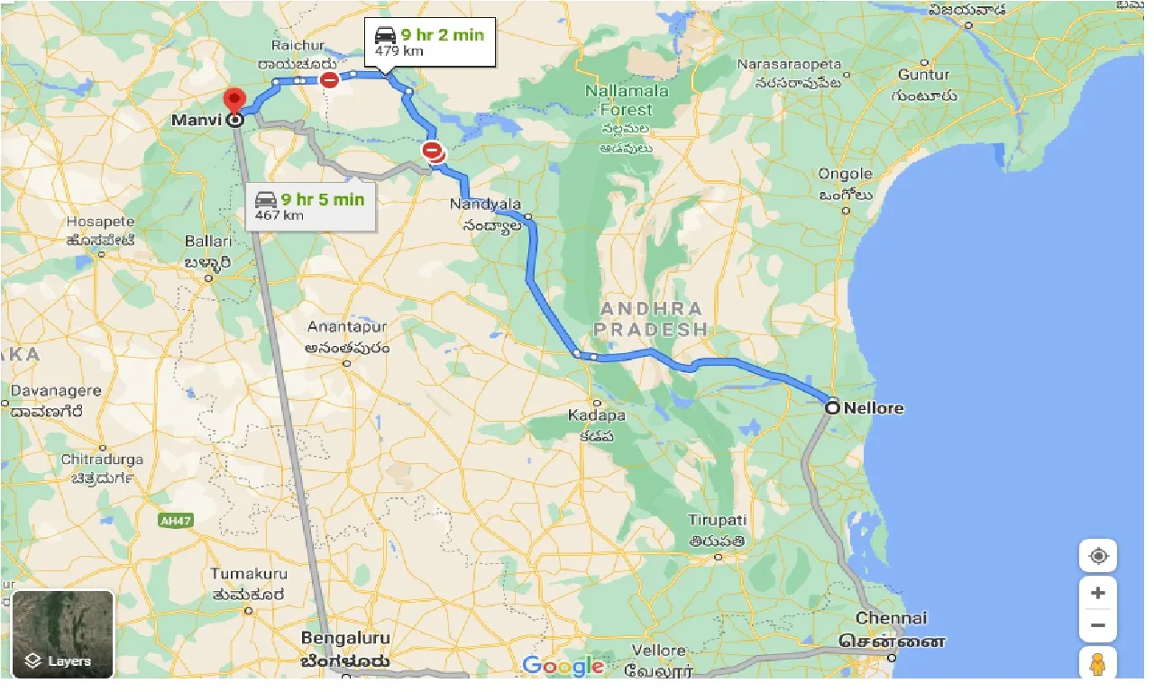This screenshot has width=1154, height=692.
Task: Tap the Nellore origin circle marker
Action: click(x=832, y=408)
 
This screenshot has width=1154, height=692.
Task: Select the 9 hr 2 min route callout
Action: click(x=429, y=41)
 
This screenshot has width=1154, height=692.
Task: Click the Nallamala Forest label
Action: click(x=627, y=100)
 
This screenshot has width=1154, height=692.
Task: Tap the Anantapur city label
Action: click(x=346, y=327)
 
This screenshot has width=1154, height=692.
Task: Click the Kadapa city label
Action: click(x=596, y=415)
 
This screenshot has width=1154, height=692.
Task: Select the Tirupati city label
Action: click(x=718, y=521)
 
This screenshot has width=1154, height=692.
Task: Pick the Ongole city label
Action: click(x=845, y=174)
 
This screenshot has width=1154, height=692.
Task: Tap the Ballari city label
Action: click(x=208, y=241)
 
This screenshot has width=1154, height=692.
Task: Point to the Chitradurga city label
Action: click(x=101, y=460)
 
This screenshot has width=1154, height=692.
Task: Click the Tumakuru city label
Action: click(x=249, y=574)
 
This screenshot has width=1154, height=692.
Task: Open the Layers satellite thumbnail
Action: click(x=63, y=633)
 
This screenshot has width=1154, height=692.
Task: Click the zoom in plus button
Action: click(x=1097, y=593)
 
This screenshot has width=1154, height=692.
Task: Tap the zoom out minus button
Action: click(x=1097, y=625)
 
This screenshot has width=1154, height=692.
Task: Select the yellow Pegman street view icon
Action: click(x=1097, y=665)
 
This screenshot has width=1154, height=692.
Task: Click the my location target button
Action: click(x=1097, y=556)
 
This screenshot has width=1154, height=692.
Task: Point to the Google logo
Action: click(x=563, y=666)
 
